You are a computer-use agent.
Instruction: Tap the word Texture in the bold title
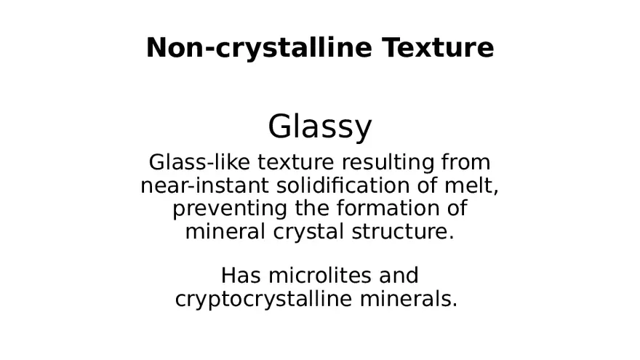(439, 48)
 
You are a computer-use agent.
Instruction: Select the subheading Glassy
(320, 127)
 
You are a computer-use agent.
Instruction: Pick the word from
(465, 161)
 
